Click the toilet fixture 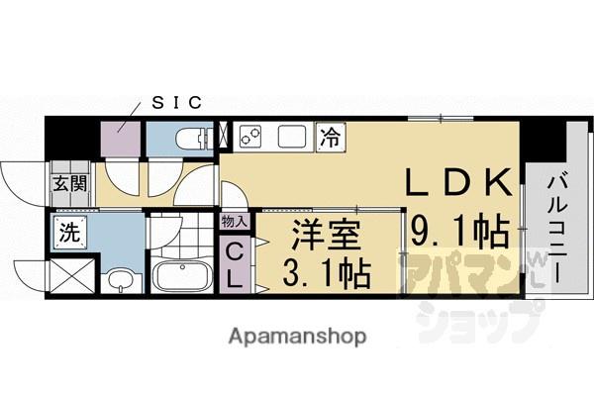click(x=189, y=138)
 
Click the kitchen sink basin click(x=293, y=136)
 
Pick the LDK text click(x=461, y=181)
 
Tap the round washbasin click(x=119, y=281)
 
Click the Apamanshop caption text click(x=297, y=336)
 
